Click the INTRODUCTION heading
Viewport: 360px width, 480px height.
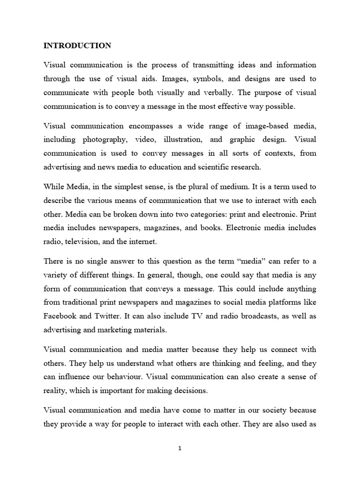[77, 45]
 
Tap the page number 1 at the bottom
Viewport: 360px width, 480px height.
[180, 448]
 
